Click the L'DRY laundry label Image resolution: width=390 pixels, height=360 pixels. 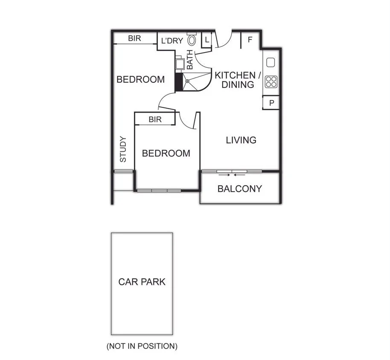[172, 41]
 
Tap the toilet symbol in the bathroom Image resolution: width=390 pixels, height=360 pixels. [192, 40]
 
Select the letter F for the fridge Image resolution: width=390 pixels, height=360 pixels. [250, 40]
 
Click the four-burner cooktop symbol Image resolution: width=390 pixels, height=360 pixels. [271, 81]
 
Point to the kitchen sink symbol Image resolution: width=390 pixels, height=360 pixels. [271, 62]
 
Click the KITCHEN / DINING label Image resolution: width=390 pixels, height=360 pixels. [238, 80]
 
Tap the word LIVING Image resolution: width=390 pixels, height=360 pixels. [241, 140]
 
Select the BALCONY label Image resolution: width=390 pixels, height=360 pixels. [240, 189]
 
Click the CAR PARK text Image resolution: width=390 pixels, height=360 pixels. [142, 282]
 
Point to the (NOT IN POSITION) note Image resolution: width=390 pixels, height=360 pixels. [142, 346]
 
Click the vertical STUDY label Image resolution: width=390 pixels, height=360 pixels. [123, 149]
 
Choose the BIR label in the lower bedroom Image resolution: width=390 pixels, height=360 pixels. [155, 120]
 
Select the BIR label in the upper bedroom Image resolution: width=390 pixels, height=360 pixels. [134, 38]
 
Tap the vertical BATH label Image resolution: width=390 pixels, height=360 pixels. [190, 60]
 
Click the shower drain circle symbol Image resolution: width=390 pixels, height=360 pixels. [187, 81]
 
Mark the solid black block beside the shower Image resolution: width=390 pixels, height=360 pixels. [178, 82]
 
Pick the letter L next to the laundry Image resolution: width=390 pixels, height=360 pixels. [207, 40]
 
